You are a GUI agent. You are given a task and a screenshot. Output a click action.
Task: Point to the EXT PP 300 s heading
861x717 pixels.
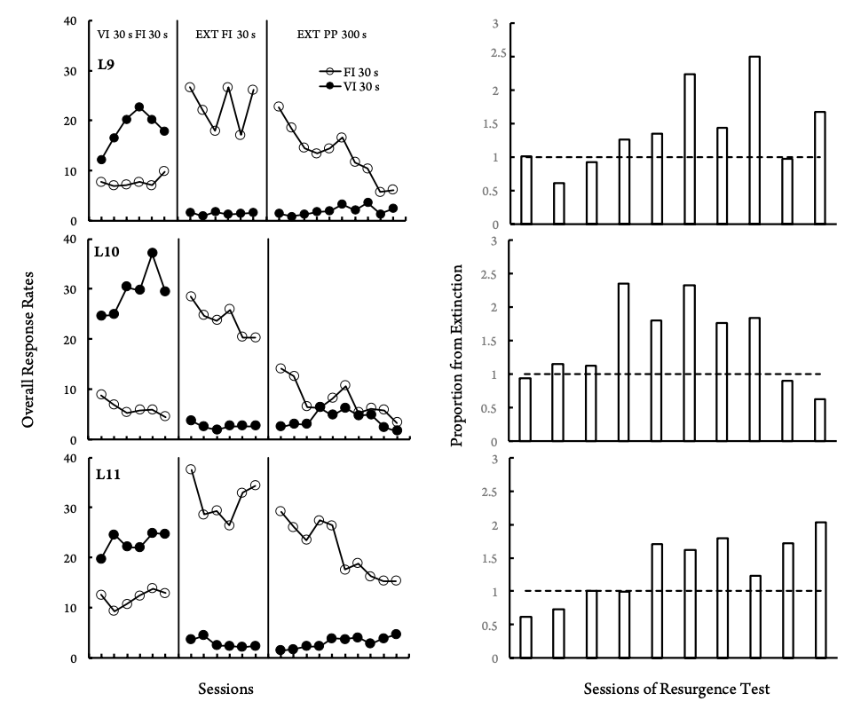(331, 35)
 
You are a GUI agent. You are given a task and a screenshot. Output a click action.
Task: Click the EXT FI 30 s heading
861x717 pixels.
(225, 35)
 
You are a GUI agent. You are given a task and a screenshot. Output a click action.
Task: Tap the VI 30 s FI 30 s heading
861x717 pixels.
(132, 35)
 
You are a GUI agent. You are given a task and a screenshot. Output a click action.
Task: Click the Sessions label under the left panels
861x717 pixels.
(225, 689)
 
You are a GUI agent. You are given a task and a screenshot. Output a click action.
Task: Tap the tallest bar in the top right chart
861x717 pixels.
(754, 140)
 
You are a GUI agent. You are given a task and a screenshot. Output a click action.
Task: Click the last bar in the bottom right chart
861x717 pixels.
(819, 590)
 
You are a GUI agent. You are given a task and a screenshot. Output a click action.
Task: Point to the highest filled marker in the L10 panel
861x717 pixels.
(153, 253)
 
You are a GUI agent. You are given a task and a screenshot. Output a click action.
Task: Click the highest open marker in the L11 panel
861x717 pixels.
(190, 469)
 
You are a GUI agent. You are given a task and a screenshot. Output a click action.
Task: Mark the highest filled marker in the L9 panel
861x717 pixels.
(139, 107)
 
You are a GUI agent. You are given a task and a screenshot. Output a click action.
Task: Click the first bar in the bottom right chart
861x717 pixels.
(526, 637)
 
